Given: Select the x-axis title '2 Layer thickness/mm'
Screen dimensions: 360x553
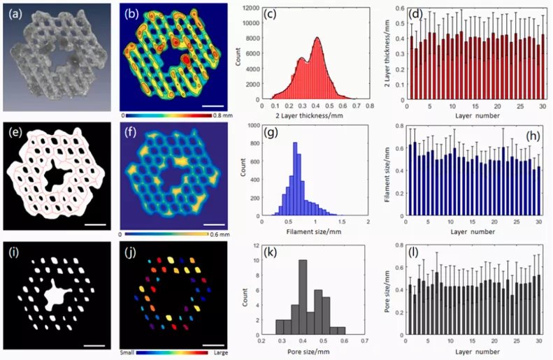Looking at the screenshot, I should [303, 114].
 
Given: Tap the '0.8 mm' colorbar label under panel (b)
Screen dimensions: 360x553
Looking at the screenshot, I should [220, 113].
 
